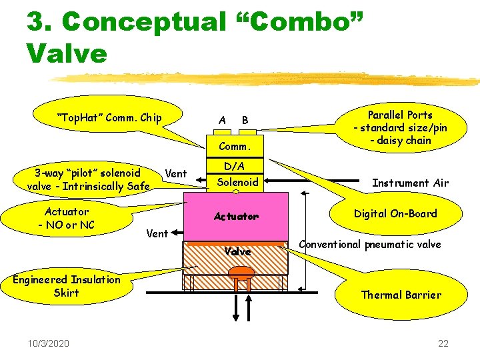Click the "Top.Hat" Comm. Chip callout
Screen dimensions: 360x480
pyautogui.click(x=109, y=118)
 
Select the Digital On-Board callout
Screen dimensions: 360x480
pyautogui.click(x=395, y=214)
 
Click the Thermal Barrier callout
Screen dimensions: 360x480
pyautogui.click(x=401, y=295)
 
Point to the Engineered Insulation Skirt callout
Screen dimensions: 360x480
pyautogui.click(x=66, y=286)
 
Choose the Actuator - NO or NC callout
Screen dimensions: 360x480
pyautogui.click(x=66, y=218)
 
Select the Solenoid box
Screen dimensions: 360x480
pyautogui.click(x=239, y=181)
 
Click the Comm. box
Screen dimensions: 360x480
pyautogui.click(x=235, y=145)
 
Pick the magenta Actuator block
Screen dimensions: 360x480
pyautogui.click(x=236, y=217)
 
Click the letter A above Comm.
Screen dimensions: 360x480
pyautogui.click(x=222, y=120)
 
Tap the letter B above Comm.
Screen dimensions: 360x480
pyautogui.click(x=245, y=120)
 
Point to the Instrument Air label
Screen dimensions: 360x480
pyautogui.click(x=410, y=183)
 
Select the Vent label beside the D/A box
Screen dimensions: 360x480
pyautogui.click(x=175, y=173)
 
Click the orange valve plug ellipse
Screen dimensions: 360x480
pyautogui.click(x=244, y=272)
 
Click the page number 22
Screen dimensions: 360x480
pyautogui.click(x=443, y=343)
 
